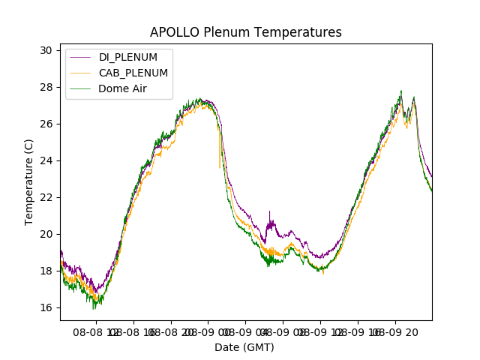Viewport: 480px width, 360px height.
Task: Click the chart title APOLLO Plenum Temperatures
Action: (x=245, y=32)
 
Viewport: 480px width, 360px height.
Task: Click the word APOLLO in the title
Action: (x=172, y=32)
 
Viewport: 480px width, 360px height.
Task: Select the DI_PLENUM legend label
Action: (x=128, y=58)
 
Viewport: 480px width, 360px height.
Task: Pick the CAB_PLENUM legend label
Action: (x=133, y=73)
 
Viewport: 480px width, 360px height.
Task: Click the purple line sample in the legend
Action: (x=81, y=58)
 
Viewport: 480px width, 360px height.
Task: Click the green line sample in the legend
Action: (x=81, y=88)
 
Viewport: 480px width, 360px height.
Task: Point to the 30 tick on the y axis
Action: (x=46, y=50)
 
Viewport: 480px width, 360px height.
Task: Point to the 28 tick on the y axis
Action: (x=46, y=87)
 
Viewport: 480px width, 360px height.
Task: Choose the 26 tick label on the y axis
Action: (x=46, y=124)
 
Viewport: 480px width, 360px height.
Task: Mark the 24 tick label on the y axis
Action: (x=46, y=160)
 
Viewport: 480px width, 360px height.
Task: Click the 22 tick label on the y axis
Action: (x=46, y=197)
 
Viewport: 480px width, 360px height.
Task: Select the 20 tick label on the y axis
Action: (x=46, y=234)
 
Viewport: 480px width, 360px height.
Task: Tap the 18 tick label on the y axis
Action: (x=46, y=271)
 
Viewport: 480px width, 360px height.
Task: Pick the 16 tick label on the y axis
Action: (x=46, y=307)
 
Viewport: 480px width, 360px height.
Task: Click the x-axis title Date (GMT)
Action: (x=244, y=347)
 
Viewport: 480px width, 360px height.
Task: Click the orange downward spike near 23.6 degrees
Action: (x=220, y=162)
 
